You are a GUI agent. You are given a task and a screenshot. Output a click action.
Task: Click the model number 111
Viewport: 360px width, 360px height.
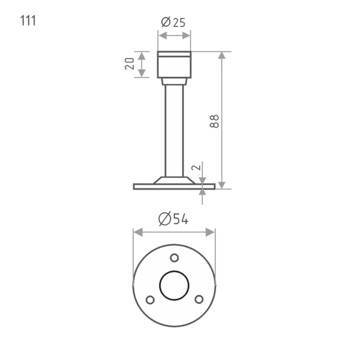(x=28, y=21)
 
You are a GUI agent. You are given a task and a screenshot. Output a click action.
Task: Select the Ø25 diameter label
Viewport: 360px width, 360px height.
(x=173, y=22)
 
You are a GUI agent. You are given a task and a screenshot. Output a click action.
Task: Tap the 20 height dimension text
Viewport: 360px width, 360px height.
(x=129, y=64)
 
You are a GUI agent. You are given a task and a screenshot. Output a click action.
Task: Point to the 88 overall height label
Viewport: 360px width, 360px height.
(x=214, y=121)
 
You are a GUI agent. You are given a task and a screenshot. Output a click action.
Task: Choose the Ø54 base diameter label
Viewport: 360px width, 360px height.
(x=174, y=219)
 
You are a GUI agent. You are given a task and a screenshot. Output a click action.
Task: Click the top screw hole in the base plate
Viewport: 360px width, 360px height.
(x=174, y=258)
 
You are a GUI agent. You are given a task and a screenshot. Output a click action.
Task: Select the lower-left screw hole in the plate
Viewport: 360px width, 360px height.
(x=150, y=300)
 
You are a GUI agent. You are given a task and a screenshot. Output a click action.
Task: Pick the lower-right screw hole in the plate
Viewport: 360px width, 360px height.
(x=199, y=299)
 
